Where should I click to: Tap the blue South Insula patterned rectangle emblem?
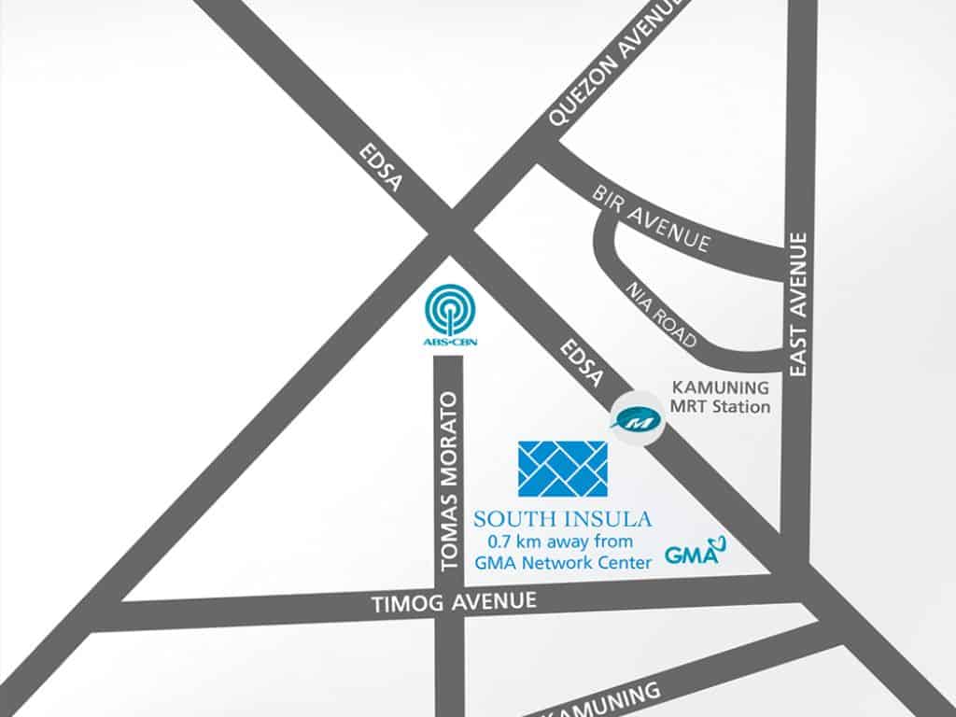click(x=562, y=470)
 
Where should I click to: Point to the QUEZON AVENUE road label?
click(x=616, y=62)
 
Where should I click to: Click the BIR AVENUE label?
click(x=652, y=219)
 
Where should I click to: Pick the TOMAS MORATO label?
click(x=450, y=480)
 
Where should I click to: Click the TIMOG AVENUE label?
click(x=455, y=602)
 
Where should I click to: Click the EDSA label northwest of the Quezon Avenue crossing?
click(x=383, y=169)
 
